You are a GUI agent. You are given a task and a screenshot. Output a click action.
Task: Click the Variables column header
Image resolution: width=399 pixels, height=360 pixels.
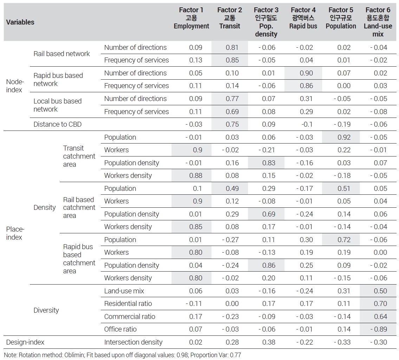tap(20, 22)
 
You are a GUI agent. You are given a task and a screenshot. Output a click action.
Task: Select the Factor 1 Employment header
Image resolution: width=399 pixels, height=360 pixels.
tap(191, 18)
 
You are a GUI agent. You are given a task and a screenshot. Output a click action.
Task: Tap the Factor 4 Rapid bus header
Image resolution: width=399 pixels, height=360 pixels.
tap(303, 18)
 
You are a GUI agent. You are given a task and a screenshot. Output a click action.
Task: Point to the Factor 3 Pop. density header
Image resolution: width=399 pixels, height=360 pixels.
tap(266, 22)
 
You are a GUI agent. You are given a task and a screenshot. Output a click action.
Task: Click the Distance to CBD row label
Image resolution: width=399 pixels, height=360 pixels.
tap(58, 124)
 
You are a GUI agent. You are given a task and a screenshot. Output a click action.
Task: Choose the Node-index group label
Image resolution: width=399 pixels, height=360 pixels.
tap(15, 86)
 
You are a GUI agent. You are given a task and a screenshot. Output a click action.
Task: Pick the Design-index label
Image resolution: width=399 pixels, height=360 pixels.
tap(25, 342)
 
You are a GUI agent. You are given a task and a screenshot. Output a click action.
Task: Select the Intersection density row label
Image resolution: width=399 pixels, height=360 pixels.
tap(133, 342)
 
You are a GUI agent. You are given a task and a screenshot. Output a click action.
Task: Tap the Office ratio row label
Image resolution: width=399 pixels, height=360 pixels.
tap(120, 329)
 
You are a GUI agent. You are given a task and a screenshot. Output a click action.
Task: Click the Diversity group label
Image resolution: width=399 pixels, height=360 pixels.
tap(46, 310)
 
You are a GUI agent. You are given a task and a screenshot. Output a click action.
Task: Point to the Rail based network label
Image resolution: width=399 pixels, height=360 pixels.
tap(61, 54)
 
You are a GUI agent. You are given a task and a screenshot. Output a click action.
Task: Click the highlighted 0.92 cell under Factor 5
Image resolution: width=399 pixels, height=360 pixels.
tap(344, 137)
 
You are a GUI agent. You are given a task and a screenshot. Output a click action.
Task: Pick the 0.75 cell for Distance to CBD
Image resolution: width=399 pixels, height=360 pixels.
tap(232, 124)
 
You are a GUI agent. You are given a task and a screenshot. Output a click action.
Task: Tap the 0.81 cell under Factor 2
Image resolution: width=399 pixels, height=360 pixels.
tap(232, 47)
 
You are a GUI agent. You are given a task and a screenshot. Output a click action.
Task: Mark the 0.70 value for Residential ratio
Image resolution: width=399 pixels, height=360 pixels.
tap(380, 304)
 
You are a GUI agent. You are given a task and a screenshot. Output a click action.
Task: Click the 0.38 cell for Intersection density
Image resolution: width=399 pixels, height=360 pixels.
tap(269, 342)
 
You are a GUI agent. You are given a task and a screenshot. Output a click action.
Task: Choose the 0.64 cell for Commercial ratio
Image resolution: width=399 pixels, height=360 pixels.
tap(380, 316)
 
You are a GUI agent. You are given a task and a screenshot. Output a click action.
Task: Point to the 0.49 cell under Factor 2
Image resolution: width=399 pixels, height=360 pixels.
tap(232, 188)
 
